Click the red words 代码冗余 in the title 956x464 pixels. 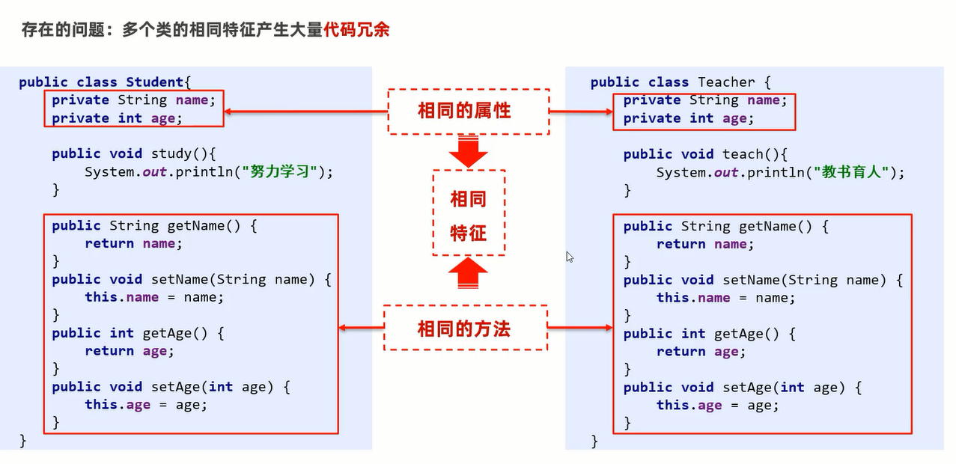pyautogui.click(x=357, y=30)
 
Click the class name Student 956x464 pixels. pyautogui.click(x=154, y=82)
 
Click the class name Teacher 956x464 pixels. pyautogui.click(x=726, y=82)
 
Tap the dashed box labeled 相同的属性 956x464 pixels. pyautogui.click(x=469, y=89)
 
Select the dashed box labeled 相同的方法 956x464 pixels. pyautogui.click(x=465, y=306)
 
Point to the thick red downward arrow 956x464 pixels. pyautogui.click(x=468, y=151)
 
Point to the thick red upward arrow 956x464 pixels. pyautogui.click(x=468, y=273)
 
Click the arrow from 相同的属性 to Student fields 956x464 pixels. pyautogui.click(x=305, y=112)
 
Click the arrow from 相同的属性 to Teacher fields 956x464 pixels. pyautogui.click(x=581, y=112)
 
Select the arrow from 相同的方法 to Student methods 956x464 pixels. pyautogui.click(x=362, y=328)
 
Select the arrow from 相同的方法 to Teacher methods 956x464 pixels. pyautogui.click(x=580, y=328)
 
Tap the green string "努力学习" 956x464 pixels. pyautogui.click(x=279, y=172)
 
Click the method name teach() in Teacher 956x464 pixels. pyautogui.click(x=751, y=154)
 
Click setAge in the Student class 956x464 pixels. pyautogui.click(x=176, y=387)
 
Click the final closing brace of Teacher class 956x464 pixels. pyautogui.click(x=594, y=441)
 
